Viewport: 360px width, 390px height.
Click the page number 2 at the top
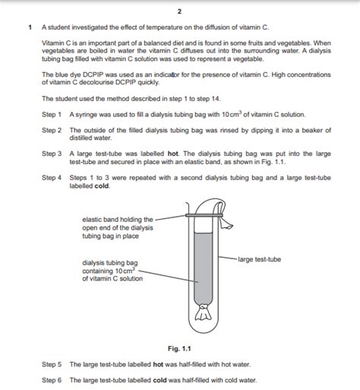pyautogui.click(x=179, y=11)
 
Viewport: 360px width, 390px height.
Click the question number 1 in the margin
pyautogui.click(x=30, y=27)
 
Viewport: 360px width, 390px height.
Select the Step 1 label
pyautogui.click(x=52, y=115)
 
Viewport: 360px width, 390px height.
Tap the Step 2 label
pyautogui.click(x=52, y=130)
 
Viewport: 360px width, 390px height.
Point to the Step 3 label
pyautogui.click(x=52, y=154)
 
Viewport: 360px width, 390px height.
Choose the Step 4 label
pyautogui.click(x=52, y=178)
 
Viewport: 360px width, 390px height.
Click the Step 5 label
pyautogui.click(x=52, y=364)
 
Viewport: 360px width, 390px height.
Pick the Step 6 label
pyautogui.click(x=52, y=380)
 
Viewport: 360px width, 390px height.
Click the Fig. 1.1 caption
pyautogui.click(x=179, y=349)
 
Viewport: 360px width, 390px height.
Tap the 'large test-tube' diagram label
pyautogui.click(x=260, y=259)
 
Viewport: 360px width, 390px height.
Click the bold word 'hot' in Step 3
pyautogui.click(x=173, y=154)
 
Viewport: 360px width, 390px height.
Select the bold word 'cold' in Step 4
pyautogui.click(x=102, y=185)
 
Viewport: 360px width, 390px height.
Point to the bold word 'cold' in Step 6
pyautogui.click(x=160, y=380)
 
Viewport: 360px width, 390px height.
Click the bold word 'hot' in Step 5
pyautogui.click(x=158, y=364)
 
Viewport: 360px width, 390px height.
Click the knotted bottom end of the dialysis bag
pyautogui.click(x=203, y=312)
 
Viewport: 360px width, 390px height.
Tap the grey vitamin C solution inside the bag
pyautogui.click(x=203, y=268)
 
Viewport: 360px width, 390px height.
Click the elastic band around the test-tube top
pyautogui.click(x=204, y=215)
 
